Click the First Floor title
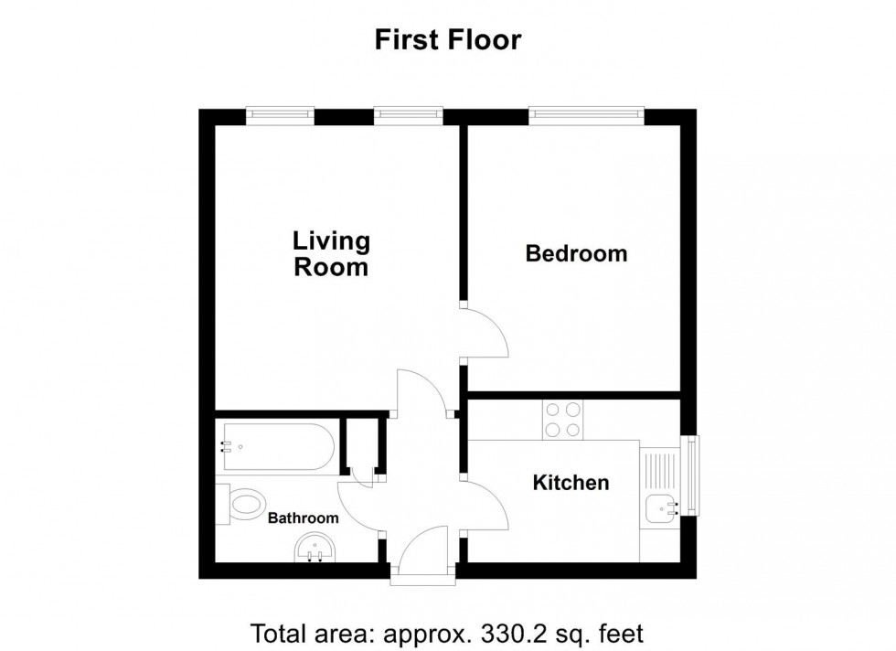[447, 40]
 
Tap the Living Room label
[331, 254]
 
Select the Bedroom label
[576, 253]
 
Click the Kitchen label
[571, 482]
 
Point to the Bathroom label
[303, 518]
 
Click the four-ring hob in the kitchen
[562, 421]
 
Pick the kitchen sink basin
[660, 507]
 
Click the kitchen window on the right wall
[691, 475]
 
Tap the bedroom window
[586, 114]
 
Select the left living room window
[280, 114]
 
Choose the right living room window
[408, 114]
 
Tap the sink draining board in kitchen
[658, 466]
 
